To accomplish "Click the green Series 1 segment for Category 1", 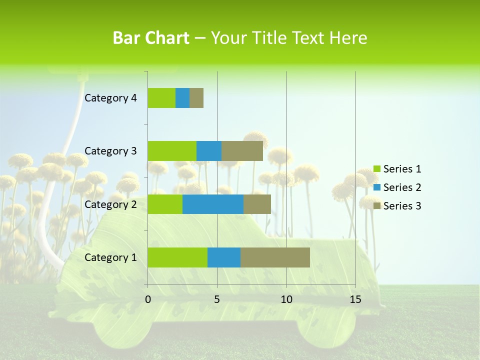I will pos(177,257).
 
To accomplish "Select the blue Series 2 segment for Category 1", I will pos(224,257).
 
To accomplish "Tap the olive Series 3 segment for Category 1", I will pos(275,257).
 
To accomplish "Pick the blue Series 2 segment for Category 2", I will pos(213,204).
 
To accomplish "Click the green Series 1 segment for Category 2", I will pos(165,204).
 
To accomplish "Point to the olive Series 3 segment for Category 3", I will pos(242,151).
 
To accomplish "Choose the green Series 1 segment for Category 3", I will pos(172,151).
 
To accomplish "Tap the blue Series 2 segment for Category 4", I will pos(182,98).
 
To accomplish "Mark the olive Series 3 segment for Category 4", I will pos(196,98).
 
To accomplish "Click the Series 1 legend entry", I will pos(397,169).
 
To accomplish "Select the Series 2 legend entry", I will pos(397,187).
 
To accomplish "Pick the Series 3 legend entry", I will pos(397,206).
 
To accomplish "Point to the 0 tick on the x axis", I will pos(148,299).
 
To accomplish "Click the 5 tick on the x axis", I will pos(217,299).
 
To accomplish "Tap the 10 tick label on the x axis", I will pos(286,299).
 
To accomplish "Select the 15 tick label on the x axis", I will pos(355,299).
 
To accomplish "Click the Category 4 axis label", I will pos(110,98).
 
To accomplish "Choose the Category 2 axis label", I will pos(110,204).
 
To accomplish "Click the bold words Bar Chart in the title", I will pos(151,38).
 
